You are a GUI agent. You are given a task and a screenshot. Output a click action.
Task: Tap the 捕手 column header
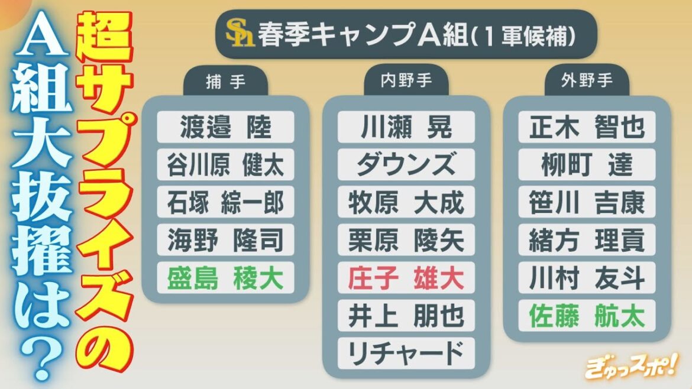tap(225, 83)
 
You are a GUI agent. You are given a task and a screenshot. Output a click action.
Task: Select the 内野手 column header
tap(406, 83)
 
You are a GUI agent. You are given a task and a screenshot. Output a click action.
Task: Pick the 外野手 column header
tap(587, 83)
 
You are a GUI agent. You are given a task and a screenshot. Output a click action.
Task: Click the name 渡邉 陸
tap(225, 127)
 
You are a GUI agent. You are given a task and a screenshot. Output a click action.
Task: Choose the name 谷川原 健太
tap(225, 165)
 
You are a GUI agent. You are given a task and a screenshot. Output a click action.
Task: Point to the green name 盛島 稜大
tap(225, 278)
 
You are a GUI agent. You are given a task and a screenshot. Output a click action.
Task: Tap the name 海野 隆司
tap(225, 240)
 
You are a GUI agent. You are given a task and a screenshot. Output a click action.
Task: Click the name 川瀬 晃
tap(406, 127)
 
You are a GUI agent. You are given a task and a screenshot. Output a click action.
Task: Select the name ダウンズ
tap(406, 165)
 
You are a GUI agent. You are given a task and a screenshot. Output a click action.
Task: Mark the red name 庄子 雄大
tap(406, 278)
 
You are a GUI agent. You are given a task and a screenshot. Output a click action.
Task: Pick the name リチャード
tap(406, 354)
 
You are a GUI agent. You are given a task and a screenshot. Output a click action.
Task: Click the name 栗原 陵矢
tap(406, 240)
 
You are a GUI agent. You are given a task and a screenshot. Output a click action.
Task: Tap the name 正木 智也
tap(587, 127)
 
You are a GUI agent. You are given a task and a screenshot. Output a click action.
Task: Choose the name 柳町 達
tap(587, 165)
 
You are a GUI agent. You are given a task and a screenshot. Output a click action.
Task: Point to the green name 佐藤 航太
tap(587, 316)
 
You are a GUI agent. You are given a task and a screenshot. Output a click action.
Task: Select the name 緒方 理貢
tap(587, 240)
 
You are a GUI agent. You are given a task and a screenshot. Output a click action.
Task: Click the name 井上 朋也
tap(406, 316)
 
